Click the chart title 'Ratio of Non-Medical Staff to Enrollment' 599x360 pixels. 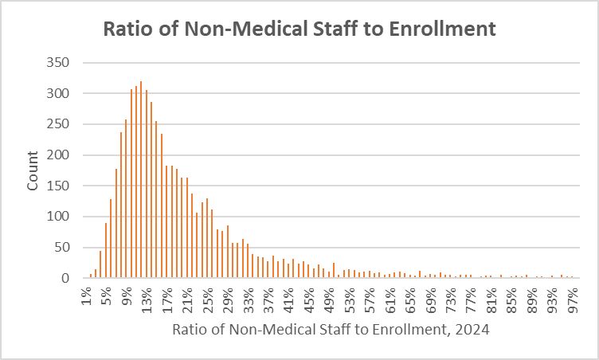[x=299, y=29]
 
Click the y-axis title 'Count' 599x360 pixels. [x=33, y=170]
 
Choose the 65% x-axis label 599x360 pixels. [x=409, y=299]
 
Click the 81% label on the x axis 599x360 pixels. [x=490, y=299]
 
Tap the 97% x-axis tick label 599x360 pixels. [x=571, y=299]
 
